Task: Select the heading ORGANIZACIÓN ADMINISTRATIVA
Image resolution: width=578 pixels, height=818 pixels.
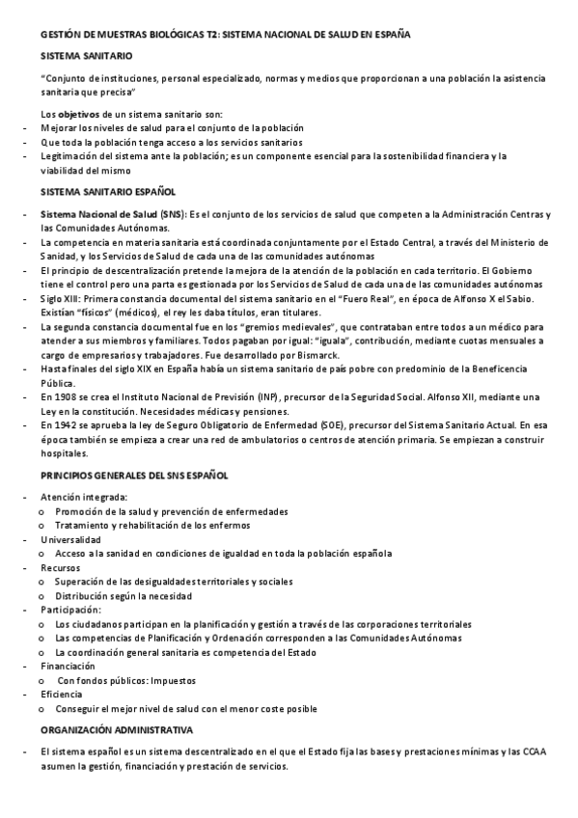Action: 117,730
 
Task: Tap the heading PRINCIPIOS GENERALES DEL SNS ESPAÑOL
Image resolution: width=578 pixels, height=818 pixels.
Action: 135,477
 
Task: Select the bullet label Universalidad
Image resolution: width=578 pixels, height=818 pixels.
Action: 70,539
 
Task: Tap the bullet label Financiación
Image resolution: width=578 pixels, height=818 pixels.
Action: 68,666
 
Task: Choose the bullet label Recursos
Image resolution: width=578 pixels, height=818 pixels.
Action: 61,568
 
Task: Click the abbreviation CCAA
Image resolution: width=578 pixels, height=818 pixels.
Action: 535,750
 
